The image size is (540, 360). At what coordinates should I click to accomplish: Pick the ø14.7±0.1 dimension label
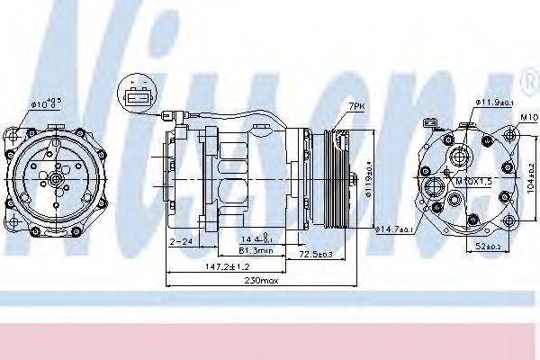tap(395, 230)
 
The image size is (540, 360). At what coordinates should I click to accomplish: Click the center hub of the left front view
tap(56, 181)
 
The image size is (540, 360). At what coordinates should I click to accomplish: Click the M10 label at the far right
tap(528, 117)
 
